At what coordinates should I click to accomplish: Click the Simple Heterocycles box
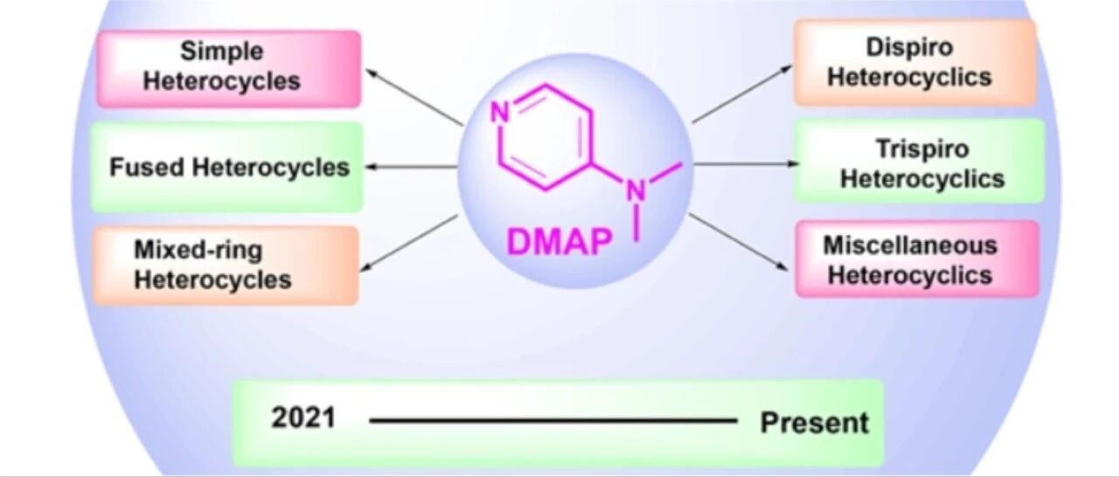229,69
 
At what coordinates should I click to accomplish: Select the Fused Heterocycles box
226,167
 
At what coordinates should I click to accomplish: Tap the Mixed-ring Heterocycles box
226,266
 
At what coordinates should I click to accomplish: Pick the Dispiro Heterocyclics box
914,62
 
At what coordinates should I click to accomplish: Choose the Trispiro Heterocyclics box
919,161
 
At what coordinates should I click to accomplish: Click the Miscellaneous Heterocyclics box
917,259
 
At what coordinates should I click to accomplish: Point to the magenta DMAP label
559,242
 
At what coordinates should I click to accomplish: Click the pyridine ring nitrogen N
499,113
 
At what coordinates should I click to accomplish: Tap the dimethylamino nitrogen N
636,191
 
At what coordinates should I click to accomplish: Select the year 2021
302,418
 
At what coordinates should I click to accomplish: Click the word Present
814,423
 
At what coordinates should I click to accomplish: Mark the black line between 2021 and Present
553,421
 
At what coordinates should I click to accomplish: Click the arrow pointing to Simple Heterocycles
414,97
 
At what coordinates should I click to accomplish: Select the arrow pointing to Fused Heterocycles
411,167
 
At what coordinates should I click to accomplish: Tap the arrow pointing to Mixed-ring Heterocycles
409,244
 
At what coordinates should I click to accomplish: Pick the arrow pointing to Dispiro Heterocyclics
742,93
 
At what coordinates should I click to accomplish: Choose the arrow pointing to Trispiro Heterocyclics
747,163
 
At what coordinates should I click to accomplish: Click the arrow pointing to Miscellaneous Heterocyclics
739,242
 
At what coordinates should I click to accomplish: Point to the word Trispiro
922,149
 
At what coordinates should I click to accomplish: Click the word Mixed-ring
198,250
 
